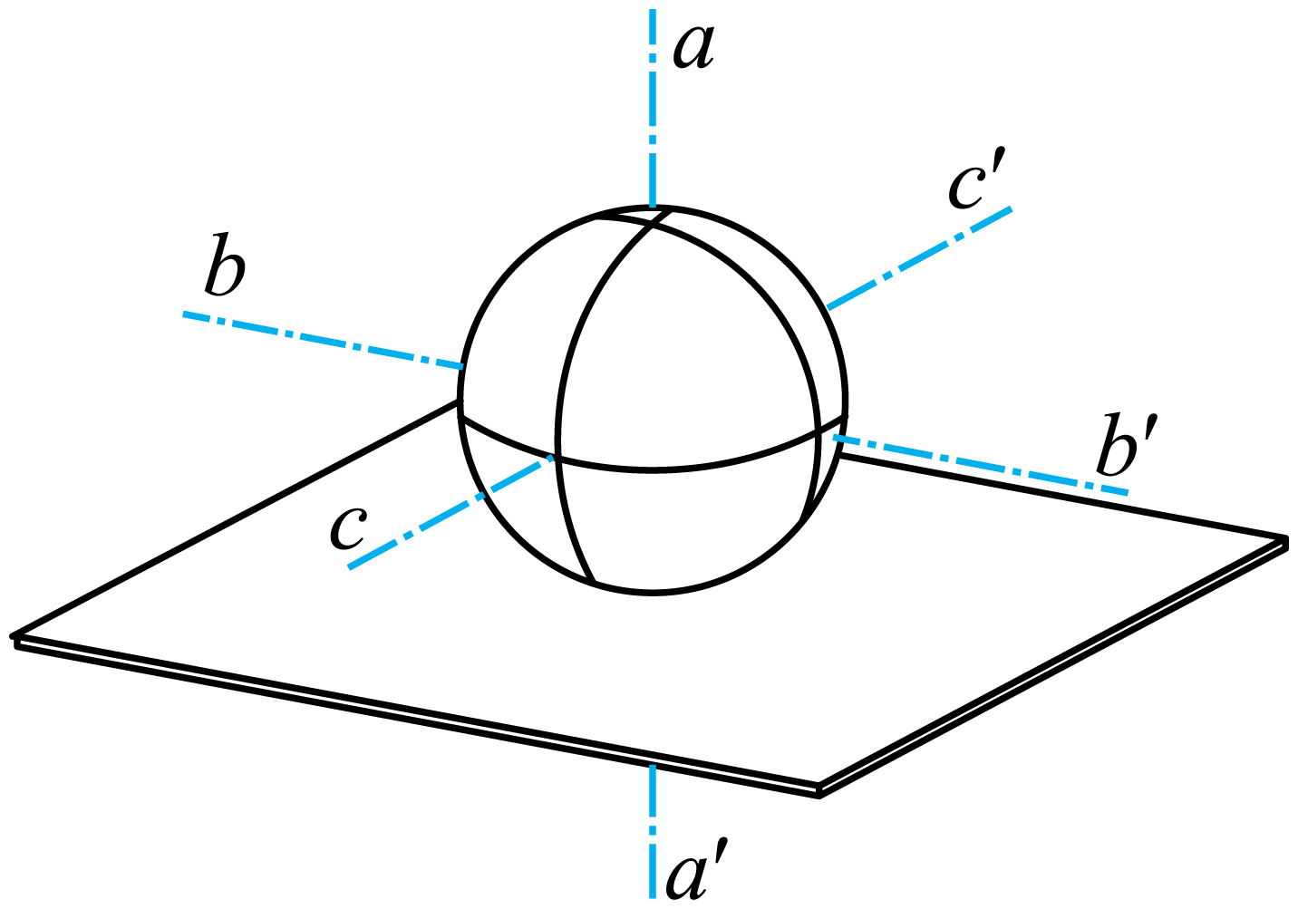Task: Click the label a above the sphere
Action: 693,48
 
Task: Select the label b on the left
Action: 226,265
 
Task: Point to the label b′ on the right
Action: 1119,445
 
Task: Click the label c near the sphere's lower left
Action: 348,527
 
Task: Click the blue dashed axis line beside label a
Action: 653,108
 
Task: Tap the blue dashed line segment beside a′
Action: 653,831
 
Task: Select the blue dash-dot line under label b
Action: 323,341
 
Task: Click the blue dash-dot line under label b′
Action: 981,465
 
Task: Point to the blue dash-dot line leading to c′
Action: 920,257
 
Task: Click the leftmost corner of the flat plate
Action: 13,635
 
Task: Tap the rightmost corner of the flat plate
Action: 1287,539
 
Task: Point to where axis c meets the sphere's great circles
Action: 557,456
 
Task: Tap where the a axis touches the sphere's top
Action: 653,207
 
